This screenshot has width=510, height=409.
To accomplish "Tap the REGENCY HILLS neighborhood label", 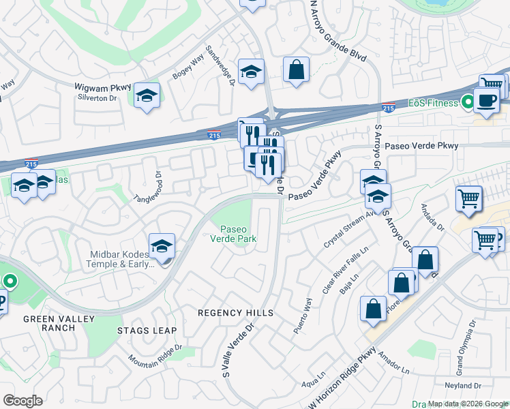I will [x=235, y=313].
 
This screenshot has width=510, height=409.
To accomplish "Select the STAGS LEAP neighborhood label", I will [x=147, y=331].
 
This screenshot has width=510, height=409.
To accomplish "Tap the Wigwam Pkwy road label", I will [x=102, y=87].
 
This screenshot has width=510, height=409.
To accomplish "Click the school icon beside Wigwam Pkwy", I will [x=146, y=96].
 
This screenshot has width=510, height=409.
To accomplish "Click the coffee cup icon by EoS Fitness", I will [x=487, y=100].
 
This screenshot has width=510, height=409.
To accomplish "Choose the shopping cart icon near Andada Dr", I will [x=469, y=198].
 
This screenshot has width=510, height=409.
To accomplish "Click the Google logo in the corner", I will [x=22, y=401].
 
